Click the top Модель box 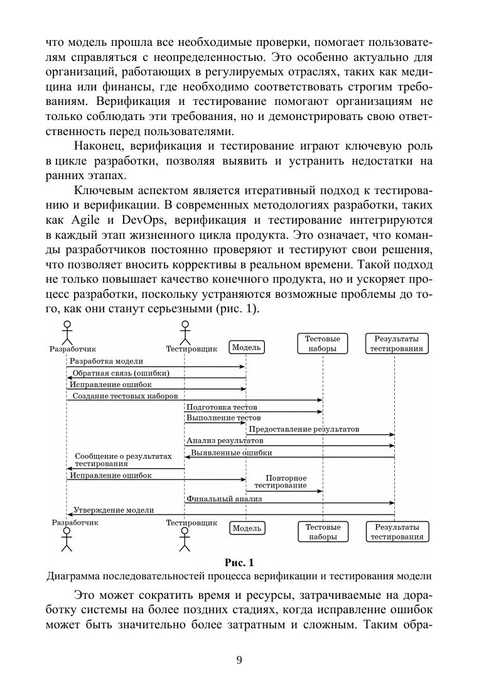(246, 347)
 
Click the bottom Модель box (246, 528)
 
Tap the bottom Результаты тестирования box (396, 532)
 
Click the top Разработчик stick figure (67, 332)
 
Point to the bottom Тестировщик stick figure (185, 540)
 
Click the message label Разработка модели (106, 361)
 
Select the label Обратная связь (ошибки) (120, 373)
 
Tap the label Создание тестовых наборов (125, 396)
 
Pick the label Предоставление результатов (304, 429)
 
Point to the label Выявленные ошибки (232, 452)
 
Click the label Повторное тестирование (286, 482)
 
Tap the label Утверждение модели (114, 510)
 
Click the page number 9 (239, 659)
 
